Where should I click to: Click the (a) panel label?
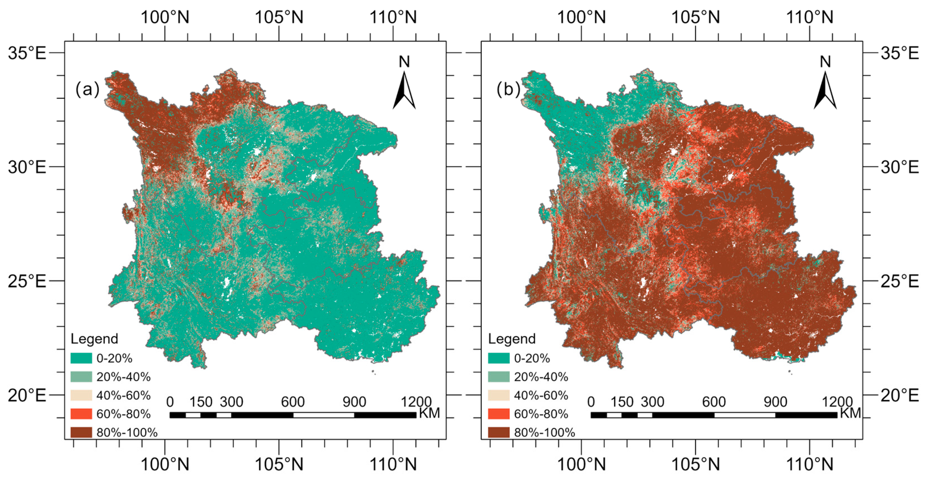[87, 89]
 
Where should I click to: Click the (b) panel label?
[508, 89]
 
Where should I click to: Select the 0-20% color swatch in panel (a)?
[81, 358]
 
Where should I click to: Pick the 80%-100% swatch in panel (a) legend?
[81, 432]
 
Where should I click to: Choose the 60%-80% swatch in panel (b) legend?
[499, 413]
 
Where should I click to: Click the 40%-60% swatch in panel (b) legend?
[499, 395]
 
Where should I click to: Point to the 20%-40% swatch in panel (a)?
[81, 377]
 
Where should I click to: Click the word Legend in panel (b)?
[511, 339]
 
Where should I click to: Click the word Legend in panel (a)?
[94, 339]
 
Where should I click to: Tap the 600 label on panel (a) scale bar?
[293, 401]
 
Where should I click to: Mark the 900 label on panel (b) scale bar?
[775, 401]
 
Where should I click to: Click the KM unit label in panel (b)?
[850, 413]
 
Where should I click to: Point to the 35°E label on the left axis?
[27, 53]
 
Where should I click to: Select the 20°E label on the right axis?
[900, 395]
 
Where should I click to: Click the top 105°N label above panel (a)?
[279, 17]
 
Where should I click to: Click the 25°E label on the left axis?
[27, 281]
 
